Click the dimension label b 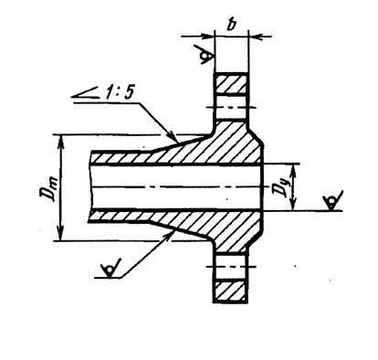click(231, 25)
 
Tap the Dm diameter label click(47, 190)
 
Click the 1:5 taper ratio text click(119, 92)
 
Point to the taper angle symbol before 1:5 click(86, 93)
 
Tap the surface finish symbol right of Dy click(332, 200)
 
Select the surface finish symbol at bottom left click(110, 269)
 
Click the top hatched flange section click(232, 83)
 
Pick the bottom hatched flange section click(231, 291)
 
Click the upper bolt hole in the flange click(231, 108)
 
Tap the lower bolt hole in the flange click(230, 267)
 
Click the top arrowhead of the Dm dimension click(61, 141)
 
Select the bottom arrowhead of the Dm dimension click(60, 235)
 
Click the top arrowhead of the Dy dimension click(293, 171)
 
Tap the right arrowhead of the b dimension click(255, 37)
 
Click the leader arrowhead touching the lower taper click(169, 236)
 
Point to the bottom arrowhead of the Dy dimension click(293, 204)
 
